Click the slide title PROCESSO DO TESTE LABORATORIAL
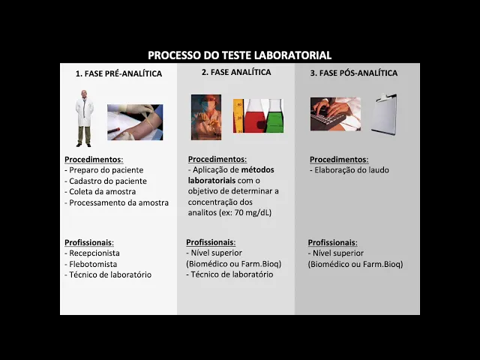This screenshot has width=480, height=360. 240,55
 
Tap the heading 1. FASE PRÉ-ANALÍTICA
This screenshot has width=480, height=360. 118,73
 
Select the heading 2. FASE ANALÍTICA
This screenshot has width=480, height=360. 236,72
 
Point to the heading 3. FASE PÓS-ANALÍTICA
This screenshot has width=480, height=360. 354,73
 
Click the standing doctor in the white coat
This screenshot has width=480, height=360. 84,118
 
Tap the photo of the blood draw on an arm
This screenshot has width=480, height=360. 135,122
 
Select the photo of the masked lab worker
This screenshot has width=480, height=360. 206,117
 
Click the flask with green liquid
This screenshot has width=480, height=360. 274,116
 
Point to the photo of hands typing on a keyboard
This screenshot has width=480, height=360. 335,114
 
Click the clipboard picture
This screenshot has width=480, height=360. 385,114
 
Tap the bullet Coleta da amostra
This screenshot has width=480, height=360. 100,192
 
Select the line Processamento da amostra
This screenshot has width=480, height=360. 116,202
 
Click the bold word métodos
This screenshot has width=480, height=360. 258,169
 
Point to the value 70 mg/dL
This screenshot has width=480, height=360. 253,212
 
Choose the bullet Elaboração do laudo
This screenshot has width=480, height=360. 349,170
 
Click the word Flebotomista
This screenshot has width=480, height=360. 93,264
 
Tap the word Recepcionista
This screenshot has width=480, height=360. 94,253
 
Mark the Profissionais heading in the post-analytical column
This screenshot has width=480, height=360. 333,242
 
